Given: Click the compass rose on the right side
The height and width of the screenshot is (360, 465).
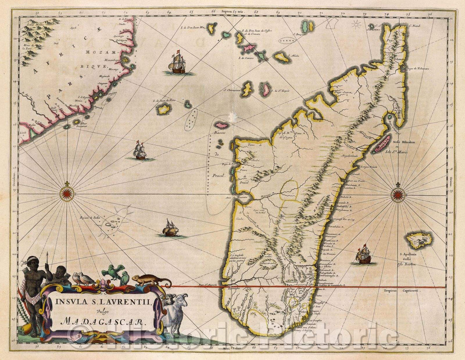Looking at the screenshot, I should pos(398,195).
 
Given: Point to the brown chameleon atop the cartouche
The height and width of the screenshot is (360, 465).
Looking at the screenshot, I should pos(151,280).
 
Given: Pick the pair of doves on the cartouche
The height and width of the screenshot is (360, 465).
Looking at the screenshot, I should pos(84,278).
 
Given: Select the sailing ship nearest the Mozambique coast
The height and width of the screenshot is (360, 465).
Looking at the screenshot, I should pos(177,63).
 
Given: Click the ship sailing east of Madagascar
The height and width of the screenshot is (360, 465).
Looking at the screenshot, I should pos(364,254).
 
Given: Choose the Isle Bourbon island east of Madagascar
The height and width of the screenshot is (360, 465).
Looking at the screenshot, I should pos(419,239).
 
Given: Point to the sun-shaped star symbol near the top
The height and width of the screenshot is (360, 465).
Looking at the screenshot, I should pos(356,24).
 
